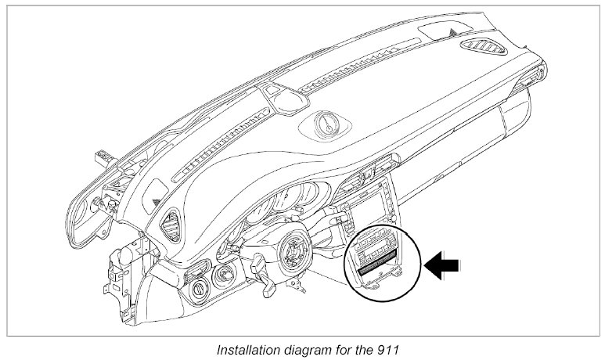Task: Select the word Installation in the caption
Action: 249,350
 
